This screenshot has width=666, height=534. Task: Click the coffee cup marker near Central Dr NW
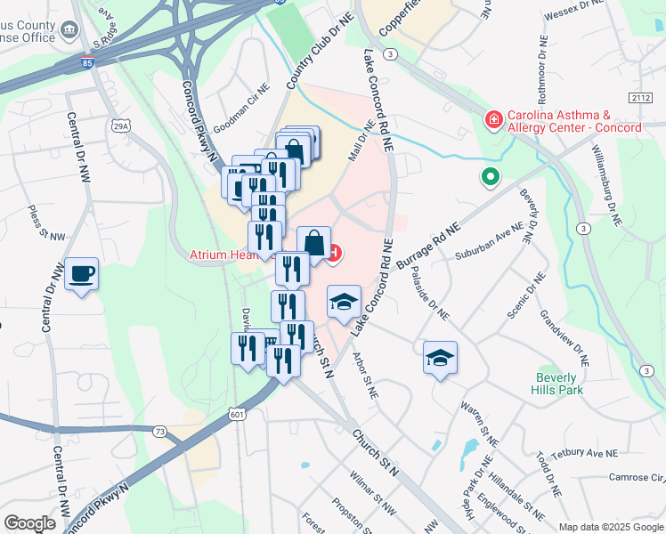pos(81,273)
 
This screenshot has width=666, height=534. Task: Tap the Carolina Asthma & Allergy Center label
pos(573,121)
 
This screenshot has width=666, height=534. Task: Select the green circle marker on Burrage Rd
pos(489,178)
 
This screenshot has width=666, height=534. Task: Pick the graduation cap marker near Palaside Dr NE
pos(440,358)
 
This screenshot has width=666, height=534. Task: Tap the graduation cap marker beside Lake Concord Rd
pos(344,302)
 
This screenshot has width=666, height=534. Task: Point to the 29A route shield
pos(121,127)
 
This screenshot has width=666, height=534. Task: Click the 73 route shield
pos(159,432)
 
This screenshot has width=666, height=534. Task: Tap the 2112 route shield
pos(639,97)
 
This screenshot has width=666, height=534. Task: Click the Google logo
pos(30,523)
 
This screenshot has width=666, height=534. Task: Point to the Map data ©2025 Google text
pos(610,527)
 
